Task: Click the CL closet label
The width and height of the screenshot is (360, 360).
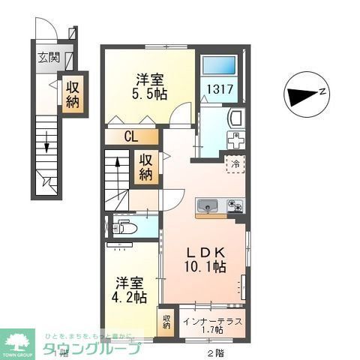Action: (x=130, y=137)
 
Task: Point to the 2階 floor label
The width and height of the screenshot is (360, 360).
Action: (x=216, y=349)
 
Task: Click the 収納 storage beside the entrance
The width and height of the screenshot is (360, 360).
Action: (x=73, y=94)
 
